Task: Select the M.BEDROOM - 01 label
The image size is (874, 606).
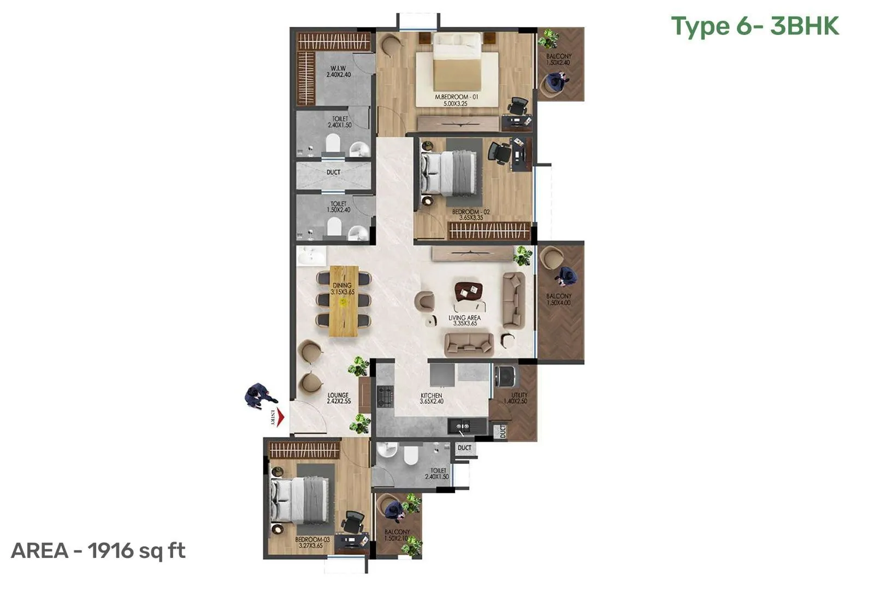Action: pyautogui.click(x=456, y=100)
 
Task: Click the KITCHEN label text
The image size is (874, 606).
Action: pyautogui.click(x=431, y=398)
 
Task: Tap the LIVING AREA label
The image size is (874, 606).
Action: pyautogui.click(x=465, y=320)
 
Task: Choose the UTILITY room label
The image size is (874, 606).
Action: pyautogui.click(x=519, y=398)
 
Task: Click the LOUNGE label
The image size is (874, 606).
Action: pyautogui.click(x=338, y=398)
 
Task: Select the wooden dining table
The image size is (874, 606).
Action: pyautogui.click(x=344, y=301)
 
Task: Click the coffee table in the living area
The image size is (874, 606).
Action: pyautogui.click(x=469, y=291)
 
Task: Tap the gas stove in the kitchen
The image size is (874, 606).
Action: pyautogui.click(x=387, y=395)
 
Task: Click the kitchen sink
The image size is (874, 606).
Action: pyautogui.click(x=460, y=425)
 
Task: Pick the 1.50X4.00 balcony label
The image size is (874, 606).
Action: pyautogui.click(x=559, y=299)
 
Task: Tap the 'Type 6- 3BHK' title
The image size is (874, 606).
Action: pyautogui.click(x=755, y=26)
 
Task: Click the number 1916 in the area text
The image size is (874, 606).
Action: pyautogui.click(x=111, y=550)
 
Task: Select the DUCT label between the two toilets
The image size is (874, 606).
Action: pyautogui.click(x=333, y=172)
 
